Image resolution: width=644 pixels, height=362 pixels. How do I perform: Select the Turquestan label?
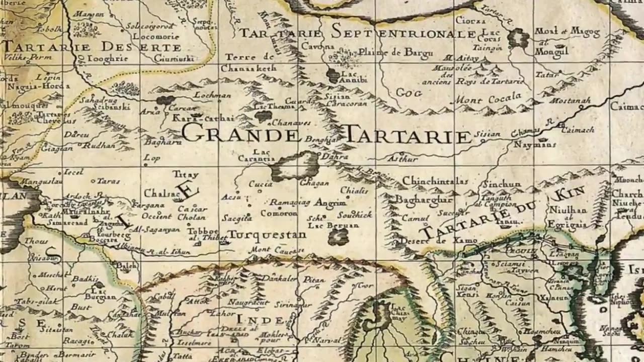coord(267,235)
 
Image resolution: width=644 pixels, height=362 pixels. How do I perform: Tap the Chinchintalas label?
coord(435,181)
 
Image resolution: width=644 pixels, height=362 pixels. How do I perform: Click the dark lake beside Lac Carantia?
coord(295,166)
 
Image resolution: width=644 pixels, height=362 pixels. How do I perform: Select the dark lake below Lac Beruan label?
coord(339,237)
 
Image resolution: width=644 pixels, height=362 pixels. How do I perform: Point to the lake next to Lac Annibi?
coord(333,75)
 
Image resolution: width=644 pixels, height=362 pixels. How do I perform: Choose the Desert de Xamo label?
coord(438,241)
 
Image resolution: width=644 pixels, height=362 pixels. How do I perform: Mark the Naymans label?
coord(535,144)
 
